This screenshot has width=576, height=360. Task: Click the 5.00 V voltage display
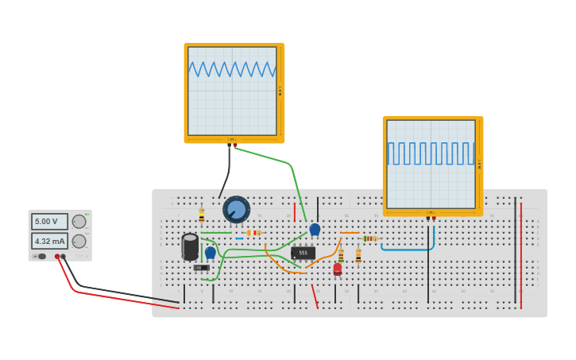(x=49, y=222)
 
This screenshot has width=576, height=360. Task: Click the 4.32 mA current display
(x=49, y=241)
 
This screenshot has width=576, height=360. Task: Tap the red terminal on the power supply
(x=57, y=257)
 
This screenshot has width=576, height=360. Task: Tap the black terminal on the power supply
(x=64, y=257)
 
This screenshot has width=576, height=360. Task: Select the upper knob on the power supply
(x=79, y=222)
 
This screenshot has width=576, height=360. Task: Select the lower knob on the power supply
(x=79, y=241)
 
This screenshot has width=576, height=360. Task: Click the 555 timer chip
(x=303, y=253)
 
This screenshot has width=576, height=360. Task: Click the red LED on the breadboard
(x=338, y=269)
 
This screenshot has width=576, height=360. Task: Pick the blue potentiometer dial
(x=236, y=209)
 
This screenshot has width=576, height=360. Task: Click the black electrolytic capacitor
(x=190, y=246)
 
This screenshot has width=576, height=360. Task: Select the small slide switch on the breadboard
(x=202, y=268)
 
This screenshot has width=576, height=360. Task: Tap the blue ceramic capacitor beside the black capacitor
(x=211, y=253)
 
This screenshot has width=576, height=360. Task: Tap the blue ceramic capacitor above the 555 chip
(x=315, y=229)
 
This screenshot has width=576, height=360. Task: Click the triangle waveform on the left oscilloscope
(x=232, y=70)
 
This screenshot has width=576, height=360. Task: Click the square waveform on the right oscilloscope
(x=431, y=153)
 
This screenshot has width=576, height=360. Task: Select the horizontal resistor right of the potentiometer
(x=253, y=233)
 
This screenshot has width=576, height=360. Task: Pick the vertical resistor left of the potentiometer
(x=202, y=215)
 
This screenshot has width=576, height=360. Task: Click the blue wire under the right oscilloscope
(x=408, y=248)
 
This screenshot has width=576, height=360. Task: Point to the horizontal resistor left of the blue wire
(x=369, y=238)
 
